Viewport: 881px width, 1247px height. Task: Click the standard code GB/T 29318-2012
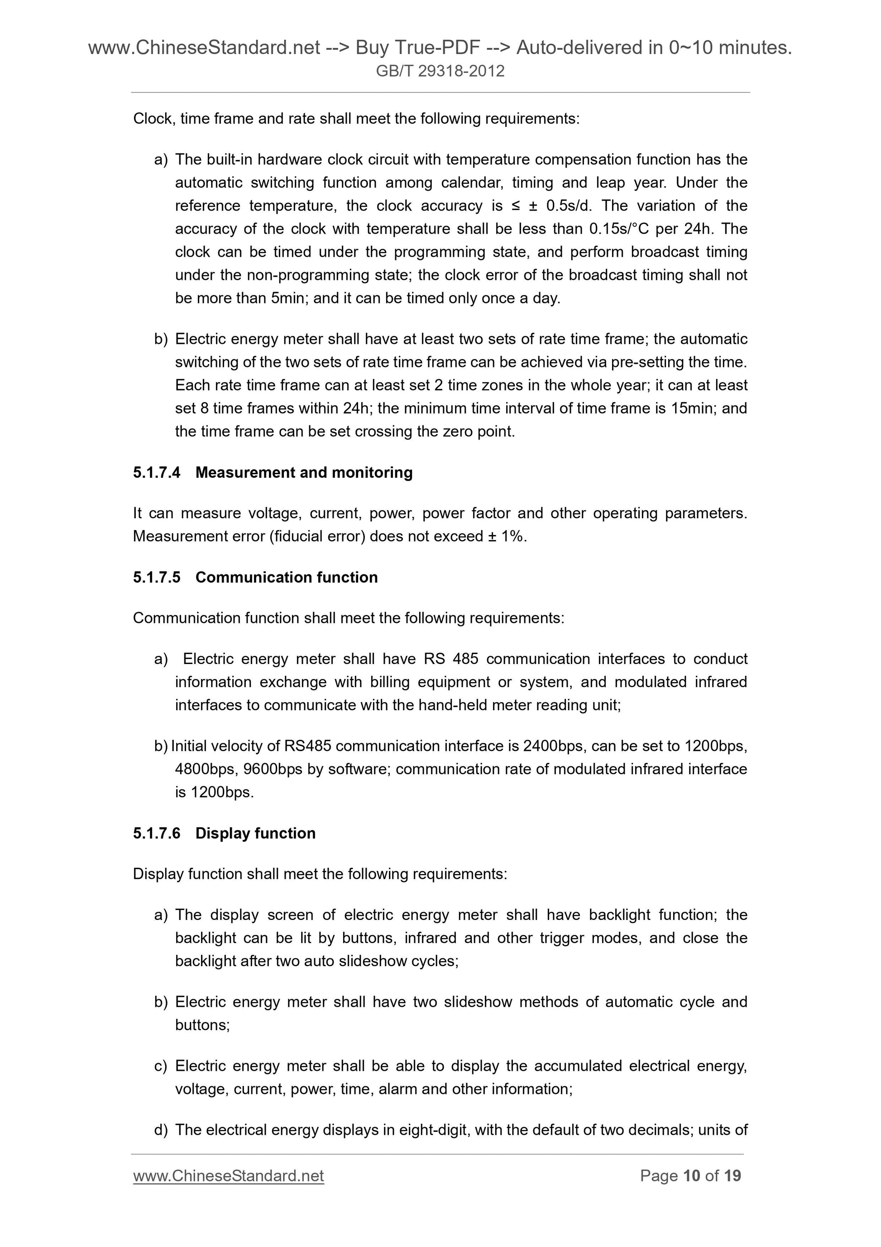coord(440,71)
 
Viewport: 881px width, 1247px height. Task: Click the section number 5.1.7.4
coord(156,472)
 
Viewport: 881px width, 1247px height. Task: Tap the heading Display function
coord(255,833)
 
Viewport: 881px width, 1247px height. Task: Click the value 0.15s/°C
coord(619,229)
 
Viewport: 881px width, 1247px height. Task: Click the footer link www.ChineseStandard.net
coord(229,1176)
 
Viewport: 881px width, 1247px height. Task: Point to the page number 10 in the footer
coord(691,1176)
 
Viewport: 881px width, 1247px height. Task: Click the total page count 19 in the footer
coord(732,1176)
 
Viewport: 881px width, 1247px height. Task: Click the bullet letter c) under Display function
coord(161,1066)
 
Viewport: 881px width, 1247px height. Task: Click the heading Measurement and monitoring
coord(304,472)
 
